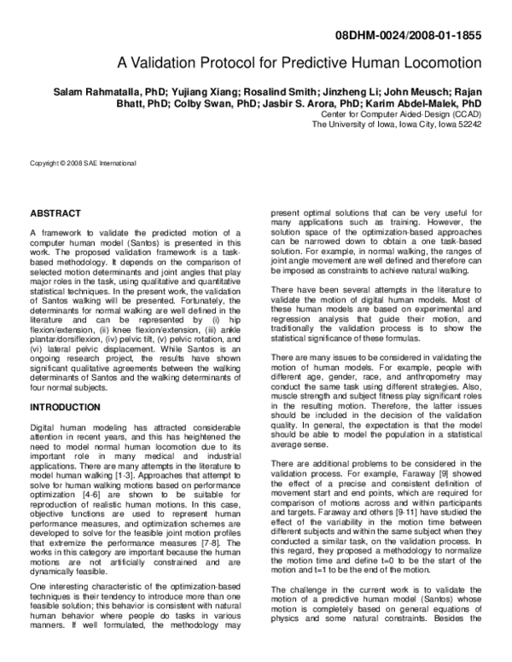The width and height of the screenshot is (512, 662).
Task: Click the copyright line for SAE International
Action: tap(83, 163)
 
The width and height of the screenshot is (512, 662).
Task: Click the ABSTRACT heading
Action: tap(55, 212)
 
